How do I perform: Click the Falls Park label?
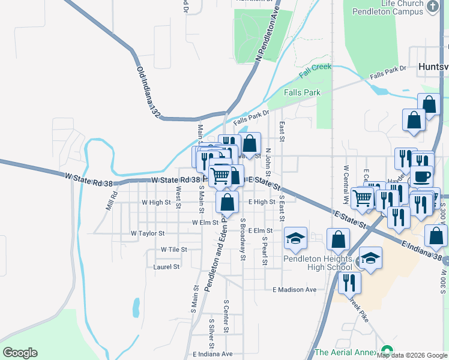point(302,92)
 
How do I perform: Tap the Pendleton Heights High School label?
point(318,262)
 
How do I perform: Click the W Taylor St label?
point(148,233)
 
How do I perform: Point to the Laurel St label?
point(166,266)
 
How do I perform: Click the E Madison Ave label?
point(294,290)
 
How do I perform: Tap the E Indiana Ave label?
point(212,354)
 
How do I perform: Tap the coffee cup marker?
point(423,176)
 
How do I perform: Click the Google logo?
point(20,353)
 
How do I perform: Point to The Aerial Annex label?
point(346,352)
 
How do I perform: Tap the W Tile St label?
point(173,249)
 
